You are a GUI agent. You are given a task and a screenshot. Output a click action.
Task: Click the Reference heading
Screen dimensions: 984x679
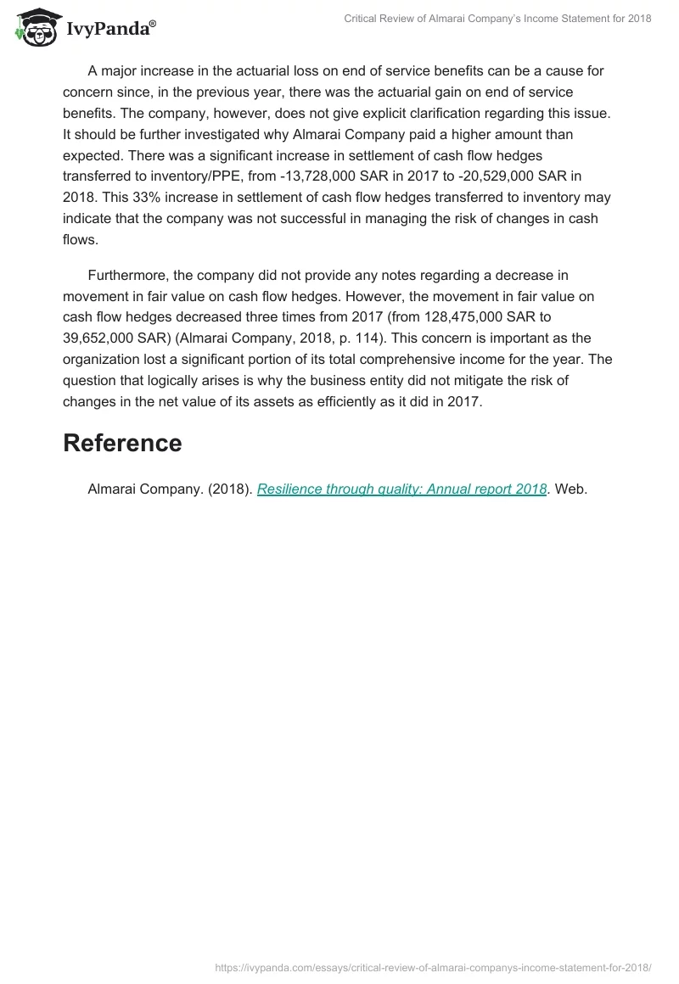click(x=122, y=443)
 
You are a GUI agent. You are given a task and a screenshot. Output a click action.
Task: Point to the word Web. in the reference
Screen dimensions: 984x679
click(x=571, y=489)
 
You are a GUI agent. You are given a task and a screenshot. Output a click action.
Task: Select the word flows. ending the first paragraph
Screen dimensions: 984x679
click(x=81, y=240)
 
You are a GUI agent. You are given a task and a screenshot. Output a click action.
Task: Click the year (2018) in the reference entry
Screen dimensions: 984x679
click(x=229, y=489)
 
